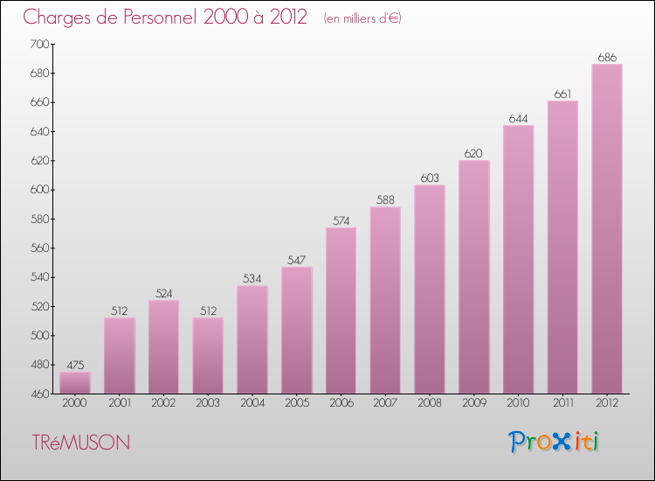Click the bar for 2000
[x=75, y=383]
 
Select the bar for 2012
[x=607, y=229]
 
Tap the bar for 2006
[x=341, y=310]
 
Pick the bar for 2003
[x=208, y=355]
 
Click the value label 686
[x=607, y=57]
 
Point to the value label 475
[x=75, y=366]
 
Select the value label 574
[x=341, y=220]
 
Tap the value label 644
[x=518, y=118]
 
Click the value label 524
[x=163, y=294]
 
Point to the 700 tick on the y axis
[x=38, y=44]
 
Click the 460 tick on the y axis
[x=38, y=394]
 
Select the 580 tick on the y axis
[x=38, y=219]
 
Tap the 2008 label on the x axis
[x=430, y=403]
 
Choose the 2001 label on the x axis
[x=120, y=403]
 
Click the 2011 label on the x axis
[x=562, y=403]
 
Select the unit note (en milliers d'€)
[x=362, y=18]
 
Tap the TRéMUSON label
[x=81, y=443]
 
